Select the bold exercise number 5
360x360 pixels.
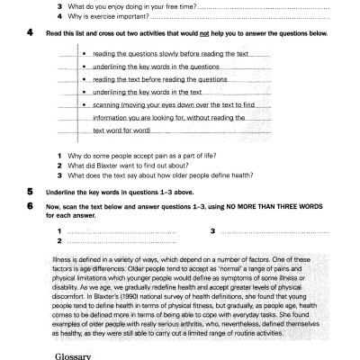point(31,191)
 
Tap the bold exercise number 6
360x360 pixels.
point(31,205)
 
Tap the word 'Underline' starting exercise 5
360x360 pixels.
point(66,191)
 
